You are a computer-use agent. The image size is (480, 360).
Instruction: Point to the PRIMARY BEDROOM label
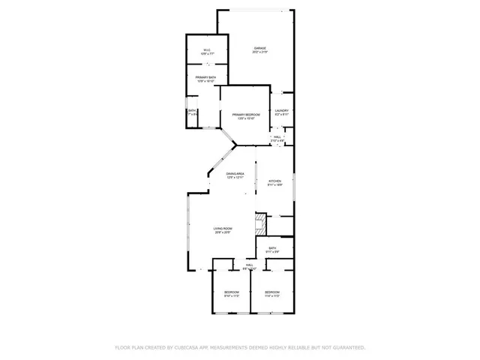click(246, 115)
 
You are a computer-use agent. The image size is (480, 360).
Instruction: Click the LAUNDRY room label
click(282, 111)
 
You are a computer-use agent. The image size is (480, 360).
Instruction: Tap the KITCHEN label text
click(275, 181)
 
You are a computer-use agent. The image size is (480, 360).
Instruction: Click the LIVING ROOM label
click(223, 229)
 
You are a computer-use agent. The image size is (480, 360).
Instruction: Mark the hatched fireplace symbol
click(261, 223)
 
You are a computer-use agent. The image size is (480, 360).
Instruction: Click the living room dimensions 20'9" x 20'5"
click(223, 232)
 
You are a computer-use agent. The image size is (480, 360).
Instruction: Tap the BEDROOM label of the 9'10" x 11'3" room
click(232, 292)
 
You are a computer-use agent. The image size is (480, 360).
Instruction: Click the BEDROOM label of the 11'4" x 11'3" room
click(272, 292)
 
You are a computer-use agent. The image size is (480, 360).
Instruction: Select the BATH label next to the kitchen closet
click(273, 247)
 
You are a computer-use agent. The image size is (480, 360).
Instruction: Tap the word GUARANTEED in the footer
click(346, 348)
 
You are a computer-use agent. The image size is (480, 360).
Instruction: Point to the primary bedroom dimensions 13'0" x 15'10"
click(246, 118)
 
